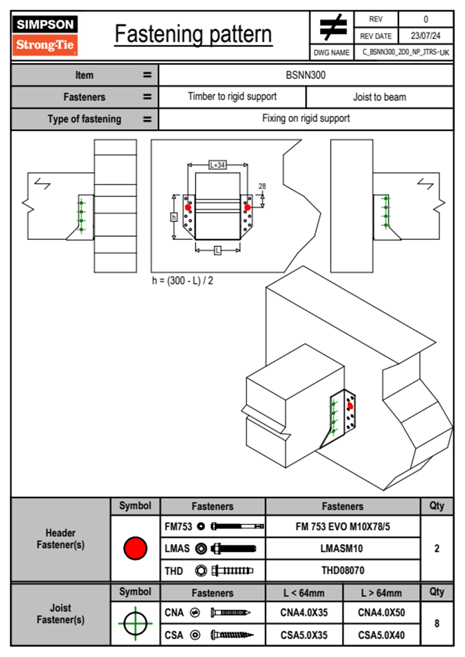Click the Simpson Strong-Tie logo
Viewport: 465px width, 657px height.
(x=45, y=35)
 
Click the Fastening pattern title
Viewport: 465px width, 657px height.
(x=193, y=34)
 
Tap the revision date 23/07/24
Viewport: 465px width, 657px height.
(x=425, y=36)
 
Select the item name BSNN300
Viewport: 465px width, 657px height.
(x=306, y=75)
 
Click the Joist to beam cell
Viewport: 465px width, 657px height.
(x=379, y=97)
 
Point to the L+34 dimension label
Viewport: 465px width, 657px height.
(x=217, y=165)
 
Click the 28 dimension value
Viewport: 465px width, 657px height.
(x=262, y=186)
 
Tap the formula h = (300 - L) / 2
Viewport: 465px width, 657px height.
(x=182, y=281)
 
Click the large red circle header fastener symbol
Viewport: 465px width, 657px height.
(x=135, y=548)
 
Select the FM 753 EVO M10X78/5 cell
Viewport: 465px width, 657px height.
(x=343, y=527)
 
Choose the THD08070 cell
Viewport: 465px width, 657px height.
(x=343, y=571)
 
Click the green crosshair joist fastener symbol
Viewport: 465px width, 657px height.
(x=135, y=623)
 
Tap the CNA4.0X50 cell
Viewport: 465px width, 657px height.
(x=381, y=612)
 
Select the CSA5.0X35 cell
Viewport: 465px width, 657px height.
(x=304, y=635)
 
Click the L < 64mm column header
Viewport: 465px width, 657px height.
(x=304, y=593)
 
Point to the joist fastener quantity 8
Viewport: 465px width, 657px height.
(x=437, y=623)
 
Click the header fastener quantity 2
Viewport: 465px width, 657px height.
(x=437, y=548)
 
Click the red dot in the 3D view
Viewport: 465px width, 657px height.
(x=350, y=406)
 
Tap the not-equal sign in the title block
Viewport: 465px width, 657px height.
(x=333, y=27)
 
